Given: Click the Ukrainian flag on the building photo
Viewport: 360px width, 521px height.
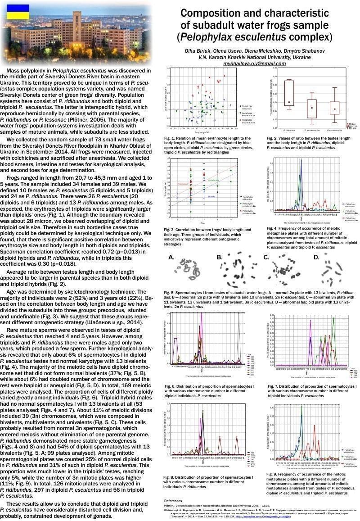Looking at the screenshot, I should click(x=18, y=12).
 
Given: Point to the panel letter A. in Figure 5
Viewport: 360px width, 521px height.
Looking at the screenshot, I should click(x=171, y=258).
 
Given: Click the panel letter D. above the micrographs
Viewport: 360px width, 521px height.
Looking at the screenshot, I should click(x=316, y=257).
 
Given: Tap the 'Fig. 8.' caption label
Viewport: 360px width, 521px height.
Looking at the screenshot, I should click(x=170, y=476).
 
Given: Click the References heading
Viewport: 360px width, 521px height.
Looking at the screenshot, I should click(x=173, y=501).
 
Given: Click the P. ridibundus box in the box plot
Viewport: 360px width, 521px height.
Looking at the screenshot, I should click(x=289, y=93).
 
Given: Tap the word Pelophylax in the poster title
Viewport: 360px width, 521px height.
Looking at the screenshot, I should click(x=211, y=36).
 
